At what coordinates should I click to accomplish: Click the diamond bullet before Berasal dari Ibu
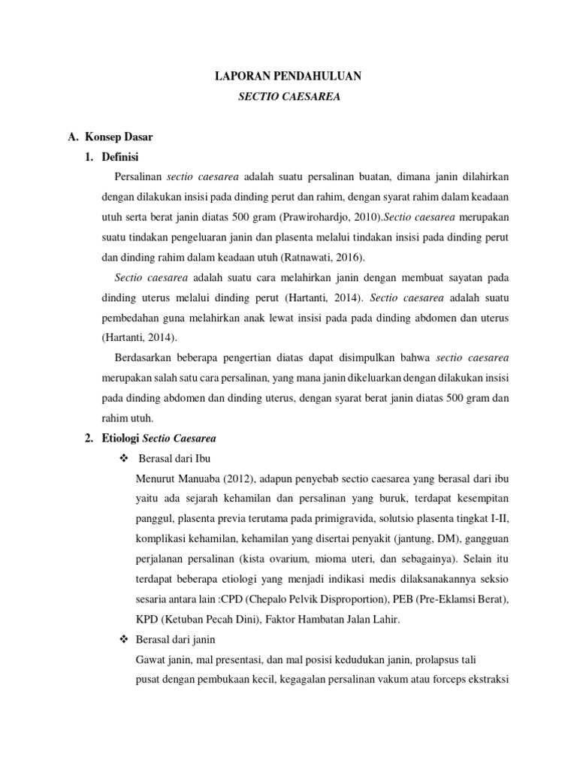click(x=125, y=458)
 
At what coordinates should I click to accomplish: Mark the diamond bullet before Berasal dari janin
click(x=125, y=639)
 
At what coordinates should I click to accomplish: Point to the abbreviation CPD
click(x=222, y=599)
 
